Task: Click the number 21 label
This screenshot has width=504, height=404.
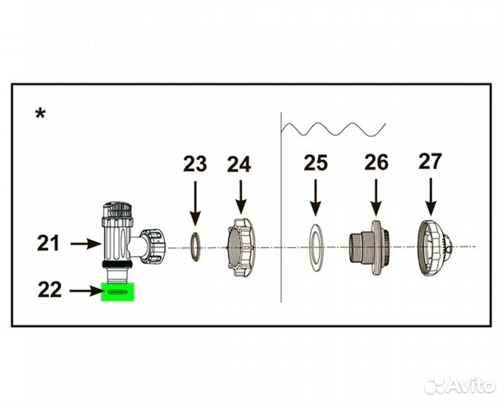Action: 49,243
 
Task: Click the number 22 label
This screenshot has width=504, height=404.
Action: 49,290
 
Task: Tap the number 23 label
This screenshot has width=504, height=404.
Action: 195,164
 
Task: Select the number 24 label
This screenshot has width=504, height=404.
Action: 239,165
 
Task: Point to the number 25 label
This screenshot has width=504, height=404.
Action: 316,162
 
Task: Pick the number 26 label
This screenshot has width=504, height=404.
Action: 376,162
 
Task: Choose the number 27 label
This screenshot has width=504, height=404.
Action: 430,161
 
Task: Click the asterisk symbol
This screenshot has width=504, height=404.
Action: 40,114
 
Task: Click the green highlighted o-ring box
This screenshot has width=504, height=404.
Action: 117,292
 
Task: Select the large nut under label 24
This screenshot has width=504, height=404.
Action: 240,248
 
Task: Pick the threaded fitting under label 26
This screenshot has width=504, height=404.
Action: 370,248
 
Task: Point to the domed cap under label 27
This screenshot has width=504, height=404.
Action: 435,248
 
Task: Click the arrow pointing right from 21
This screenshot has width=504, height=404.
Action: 86,244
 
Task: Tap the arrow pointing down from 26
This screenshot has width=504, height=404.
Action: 376,198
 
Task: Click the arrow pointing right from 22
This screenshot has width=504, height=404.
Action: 86,291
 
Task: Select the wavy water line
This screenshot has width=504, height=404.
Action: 333,129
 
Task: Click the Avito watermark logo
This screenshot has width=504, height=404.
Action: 460,385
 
